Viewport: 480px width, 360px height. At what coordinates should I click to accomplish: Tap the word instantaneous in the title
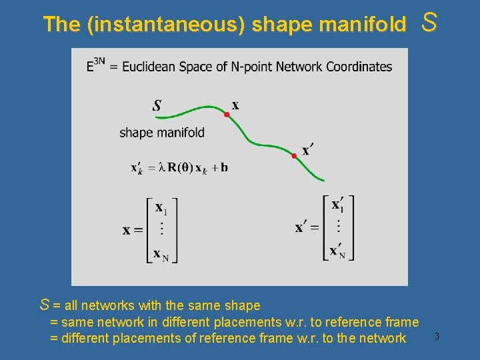(x=165, y=25)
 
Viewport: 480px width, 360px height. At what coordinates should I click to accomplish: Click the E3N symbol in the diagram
(x=95, y=66)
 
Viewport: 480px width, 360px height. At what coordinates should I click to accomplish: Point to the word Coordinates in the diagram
(x=358, y=67)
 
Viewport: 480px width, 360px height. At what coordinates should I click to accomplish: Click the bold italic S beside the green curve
(x=157, y=105)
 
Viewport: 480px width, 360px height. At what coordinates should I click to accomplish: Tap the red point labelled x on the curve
(x=227, y=115)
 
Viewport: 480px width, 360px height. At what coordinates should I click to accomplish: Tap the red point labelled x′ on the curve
(x=294, y=156)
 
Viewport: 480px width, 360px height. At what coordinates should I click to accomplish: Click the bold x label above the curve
(x=235, y=105)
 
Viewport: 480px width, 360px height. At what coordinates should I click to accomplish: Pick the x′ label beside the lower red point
(x=307, y=150)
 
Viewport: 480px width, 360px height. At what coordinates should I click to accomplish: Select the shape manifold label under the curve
(x=162, y=133)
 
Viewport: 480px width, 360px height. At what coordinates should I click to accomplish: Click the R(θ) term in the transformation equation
(x=180, y=167)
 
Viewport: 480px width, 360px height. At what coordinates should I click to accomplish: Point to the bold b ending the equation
(x=224, y=167)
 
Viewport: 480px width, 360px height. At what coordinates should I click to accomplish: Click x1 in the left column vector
(x=161, y=209)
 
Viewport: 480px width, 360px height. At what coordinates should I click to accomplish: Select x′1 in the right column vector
(x=338, y=205)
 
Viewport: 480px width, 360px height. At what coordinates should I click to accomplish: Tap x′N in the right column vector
(x=337, y=251)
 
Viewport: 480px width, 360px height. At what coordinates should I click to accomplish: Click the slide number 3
(x=437, y=336)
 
